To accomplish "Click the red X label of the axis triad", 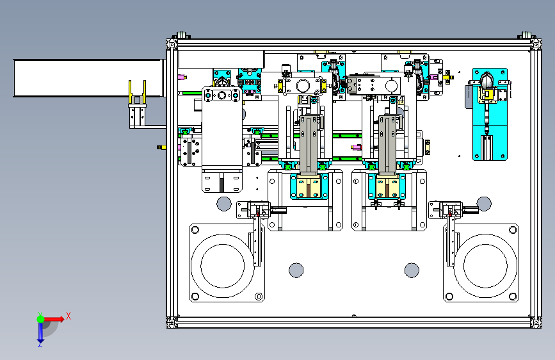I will tap(68, 316).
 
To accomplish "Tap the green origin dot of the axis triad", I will tap(40, 318).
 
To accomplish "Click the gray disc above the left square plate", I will tap(223, 204).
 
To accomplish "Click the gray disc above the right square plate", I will tap(485, 204).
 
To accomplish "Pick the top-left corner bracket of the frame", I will tap(172, 44).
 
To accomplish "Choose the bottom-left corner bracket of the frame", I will tap(172, 323).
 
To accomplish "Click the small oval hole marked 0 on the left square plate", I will tap(259, 297).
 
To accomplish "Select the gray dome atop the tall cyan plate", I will tap(487, 81).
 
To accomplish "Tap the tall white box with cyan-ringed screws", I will tap(222, 128).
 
